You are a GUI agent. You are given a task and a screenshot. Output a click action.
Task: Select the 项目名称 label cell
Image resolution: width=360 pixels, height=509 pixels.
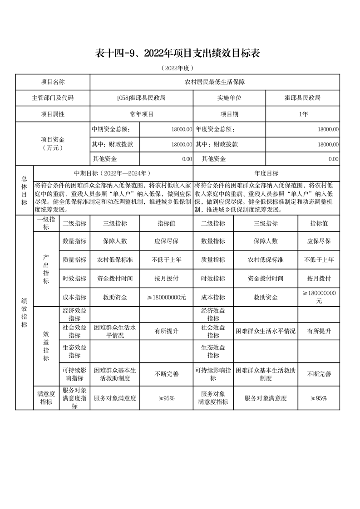(x=53, y=82)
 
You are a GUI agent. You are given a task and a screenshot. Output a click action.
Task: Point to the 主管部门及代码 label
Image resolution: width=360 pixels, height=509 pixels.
(x=53, y=98)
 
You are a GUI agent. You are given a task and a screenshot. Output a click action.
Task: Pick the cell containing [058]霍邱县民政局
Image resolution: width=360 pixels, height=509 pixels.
(x=141, y=98)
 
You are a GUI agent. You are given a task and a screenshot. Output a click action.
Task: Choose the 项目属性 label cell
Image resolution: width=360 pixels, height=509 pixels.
(x=53, y=114)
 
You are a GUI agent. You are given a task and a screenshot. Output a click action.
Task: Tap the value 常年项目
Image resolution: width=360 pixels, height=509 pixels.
(x=141, y=114)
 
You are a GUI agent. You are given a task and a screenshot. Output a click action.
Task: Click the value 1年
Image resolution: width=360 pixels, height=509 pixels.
(x=303, y=114)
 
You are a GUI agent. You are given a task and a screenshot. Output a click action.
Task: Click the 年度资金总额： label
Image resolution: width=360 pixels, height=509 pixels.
(x=215, y=129)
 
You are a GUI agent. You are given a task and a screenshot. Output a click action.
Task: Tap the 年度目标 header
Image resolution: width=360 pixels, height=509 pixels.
(x=266, y=173)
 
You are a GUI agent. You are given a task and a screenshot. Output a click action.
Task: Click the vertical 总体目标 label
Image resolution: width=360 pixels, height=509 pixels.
(x=24, y=190)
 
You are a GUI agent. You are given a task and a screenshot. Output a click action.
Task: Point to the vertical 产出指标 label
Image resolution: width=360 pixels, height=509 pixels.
(x=46, y=269)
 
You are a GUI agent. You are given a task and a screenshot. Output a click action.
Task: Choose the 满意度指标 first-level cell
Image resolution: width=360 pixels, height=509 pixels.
(x=46, y=398)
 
